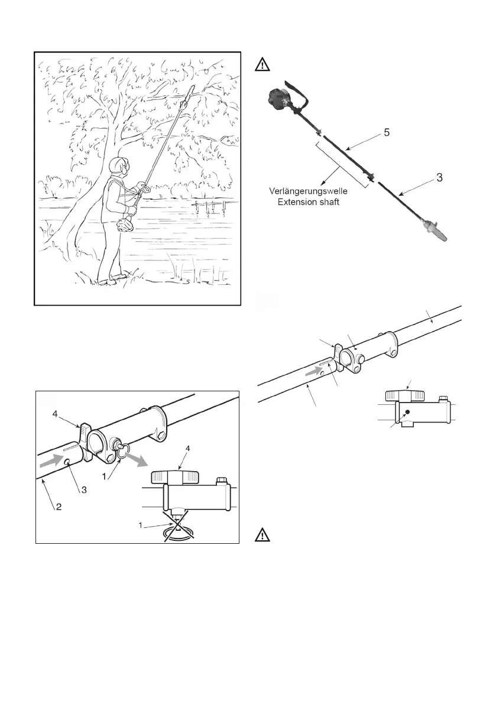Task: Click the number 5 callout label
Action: (386, 133)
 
